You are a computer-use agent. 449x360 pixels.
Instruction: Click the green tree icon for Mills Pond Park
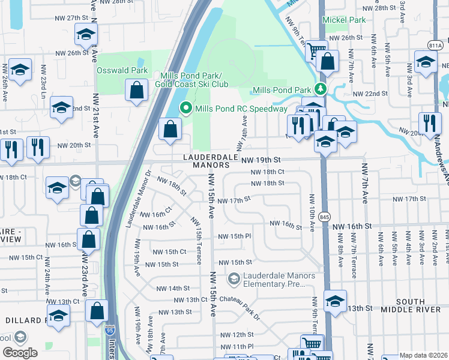321,89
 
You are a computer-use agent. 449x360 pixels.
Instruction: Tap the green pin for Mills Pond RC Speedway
186,109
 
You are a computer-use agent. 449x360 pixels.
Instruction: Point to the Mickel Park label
344,20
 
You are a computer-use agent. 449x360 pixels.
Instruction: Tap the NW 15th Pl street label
235,236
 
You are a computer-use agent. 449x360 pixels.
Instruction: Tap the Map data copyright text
423,355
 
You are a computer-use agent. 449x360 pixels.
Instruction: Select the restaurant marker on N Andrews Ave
429,123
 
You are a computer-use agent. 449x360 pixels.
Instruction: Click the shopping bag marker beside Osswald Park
137,91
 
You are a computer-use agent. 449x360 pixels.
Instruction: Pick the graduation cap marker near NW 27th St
86,35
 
